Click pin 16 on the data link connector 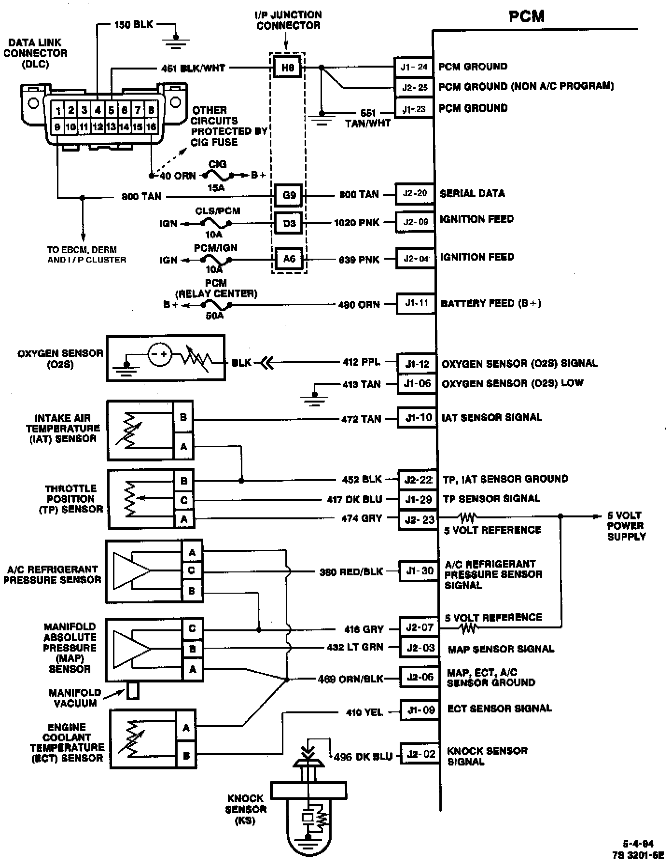[x=151, y=127]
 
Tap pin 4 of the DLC [x=98, y=111]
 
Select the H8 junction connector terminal [x=287, y=68]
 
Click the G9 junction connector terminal [x=289, y=195]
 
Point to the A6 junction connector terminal [x=289, y=259]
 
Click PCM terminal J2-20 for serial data [x=415, y=194]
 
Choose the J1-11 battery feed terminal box [x=416, y=304]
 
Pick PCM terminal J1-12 [x=417, y=364]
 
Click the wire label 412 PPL [x=361, y=362]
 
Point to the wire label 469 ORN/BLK [x=350, y=679]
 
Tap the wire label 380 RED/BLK [x=351, y=572]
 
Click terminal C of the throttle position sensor [x=184, y=501]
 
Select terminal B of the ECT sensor [x=186, y=756]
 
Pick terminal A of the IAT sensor [x=183, y=447]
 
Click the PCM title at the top [x=526, y=17]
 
